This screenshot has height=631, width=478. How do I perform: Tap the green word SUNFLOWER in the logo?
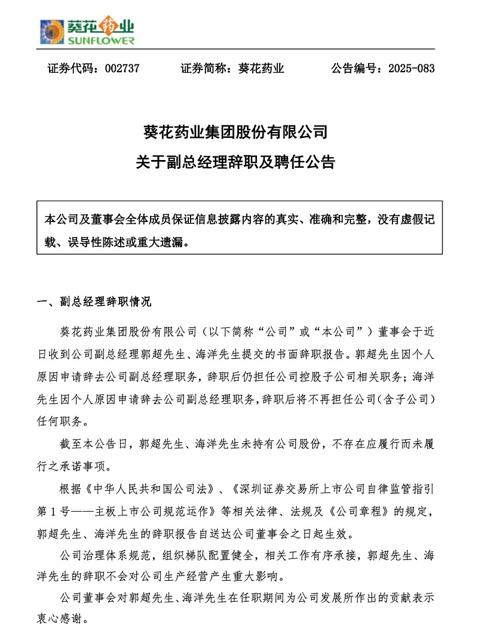tap(102, 41)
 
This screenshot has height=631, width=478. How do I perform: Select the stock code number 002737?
tap(121, 69)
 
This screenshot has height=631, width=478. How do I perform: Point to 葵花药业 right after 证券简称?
tap(261, 69)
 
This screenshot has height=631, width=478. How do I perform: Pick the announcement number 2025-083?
tap(411, 69)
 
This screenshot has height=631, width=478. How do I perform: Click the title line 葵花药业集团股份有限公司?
tap(238, 131)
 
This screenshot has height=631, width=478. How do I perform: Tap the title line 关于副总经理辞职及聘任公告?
tap(238, 162)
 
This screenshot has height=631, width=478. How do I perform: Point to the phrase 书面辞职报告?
tap(317, 353)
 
